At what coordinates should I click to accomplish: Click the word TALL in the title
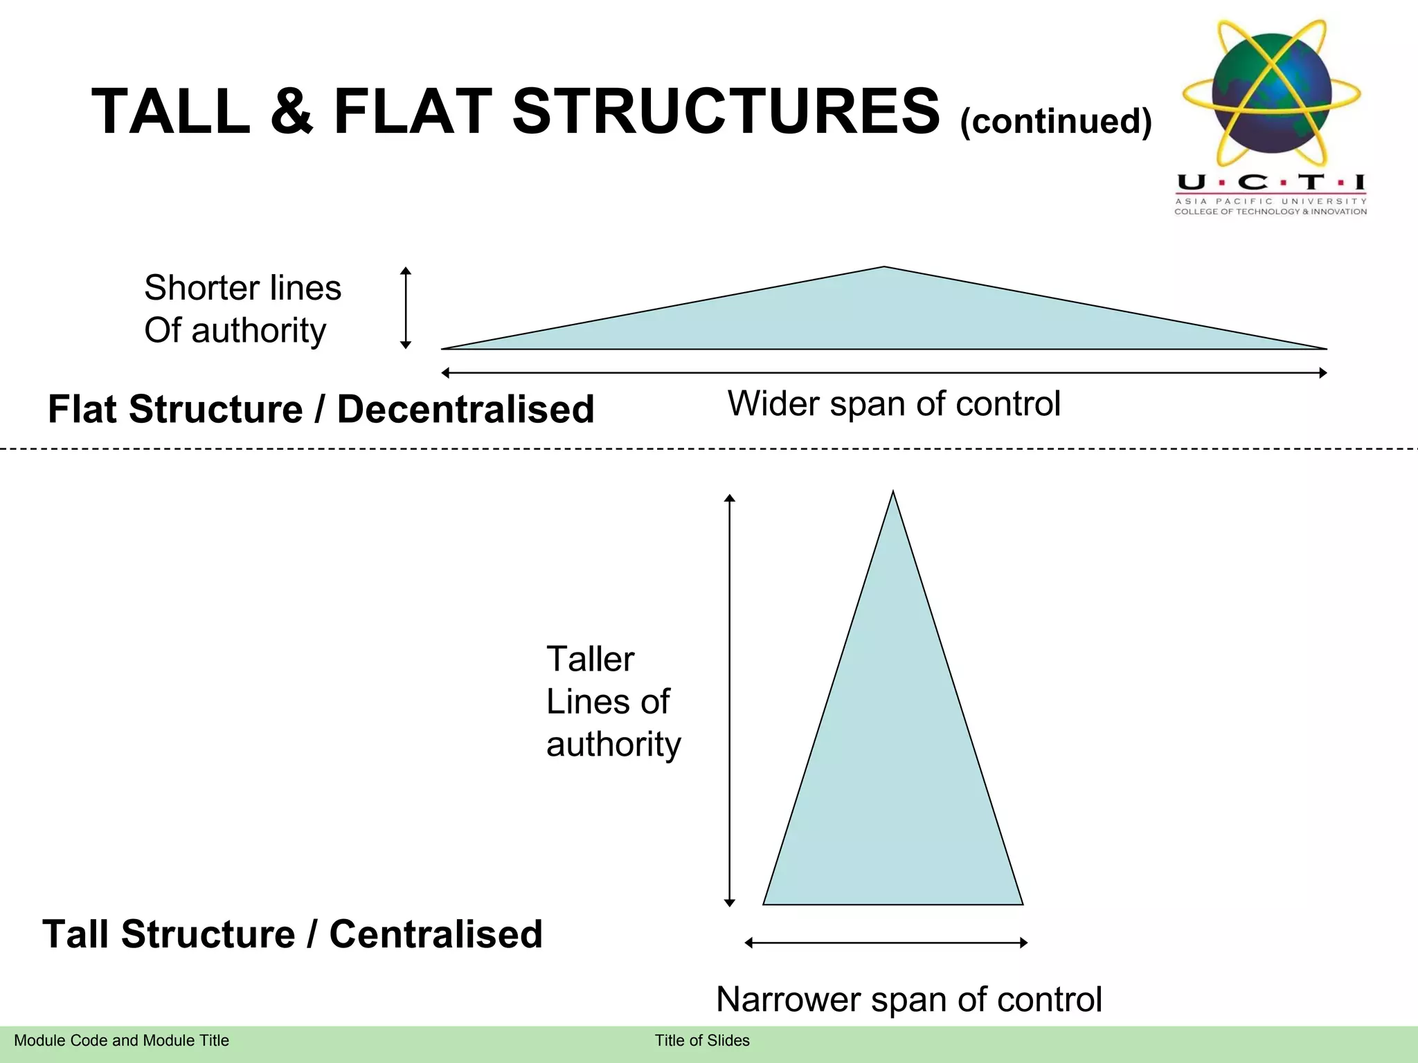pos(171,111)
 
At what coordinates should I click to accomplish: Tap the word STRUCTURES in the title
pos(726,111)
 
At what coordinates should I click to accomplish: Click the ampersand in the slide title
pos(291,111)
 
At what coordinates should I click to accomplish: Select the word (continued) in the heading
pos(1056,121)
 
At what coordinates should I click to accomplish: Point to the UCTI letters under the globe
pos(1271,183)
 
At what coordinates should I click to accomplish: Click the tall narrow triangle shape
pos(892,761)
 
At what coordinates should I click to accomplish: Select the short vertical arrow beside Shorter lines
pos(406,308)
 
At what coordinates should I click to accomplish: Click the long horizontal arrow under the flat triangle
pos(884,373)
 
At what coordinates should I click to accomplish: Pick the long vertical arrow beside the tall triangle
pos(729,699)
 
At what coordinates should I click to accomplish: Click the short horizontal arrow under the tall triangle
pos(886,943)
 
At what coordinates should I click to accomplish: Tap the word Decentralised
pos(465,409)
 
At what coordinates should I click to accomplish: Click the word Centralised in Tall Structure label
pos(436,934)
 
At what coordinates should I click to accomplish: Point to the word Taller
pos(590,659)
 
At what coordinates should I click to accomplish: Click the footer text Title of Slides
pos(702,1040)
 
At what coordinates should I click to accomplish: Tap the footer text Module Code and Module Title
pos(121,1040)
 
